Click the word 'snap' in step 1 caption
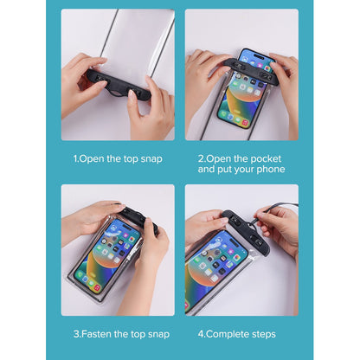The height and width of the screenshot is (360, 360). tap(151, 159)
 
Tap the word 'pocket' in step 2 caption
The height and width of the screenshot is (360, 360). tap(266, 159)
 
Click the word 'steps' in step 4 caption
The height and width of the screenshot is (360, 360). tap(264, 334)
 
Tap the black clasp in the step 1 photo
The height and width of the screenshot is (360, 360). tap(119, 85)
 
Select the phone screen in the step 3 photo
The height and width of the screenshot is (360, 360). tap(108, 254)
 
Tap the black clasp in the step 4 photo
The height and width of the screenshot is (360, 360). tap(245, 232)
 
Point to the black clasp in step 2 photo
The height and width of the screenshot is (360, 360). tap(252, 70)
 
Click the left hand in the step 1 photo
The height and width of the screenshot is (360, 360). tap(83, 84)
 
